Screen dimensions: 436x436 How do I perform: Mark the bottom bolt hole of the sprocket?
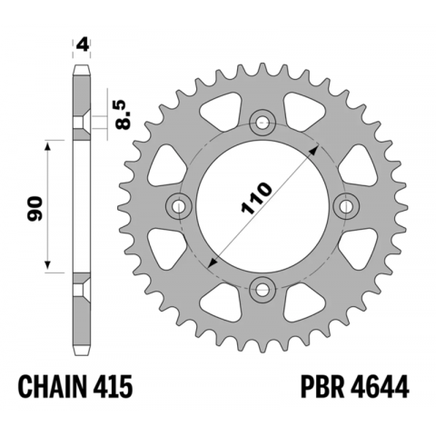263,290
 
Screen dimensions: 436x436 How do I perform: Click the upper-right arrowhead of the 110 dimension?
313,146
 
